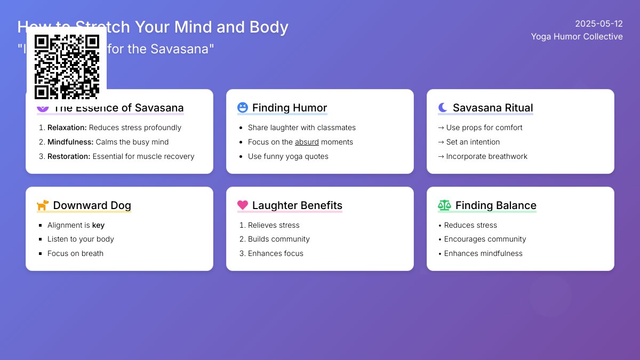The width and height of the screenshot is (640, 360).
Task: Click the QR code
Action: tap(67, 67)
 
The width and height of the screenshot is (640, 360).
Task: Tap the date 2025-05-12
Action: tap(599, 23)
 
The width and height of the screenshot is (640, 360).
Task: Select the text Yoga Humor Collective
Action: tap(577, 36)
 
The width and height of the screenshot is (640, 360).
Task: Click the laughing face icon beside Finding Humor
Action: tap(243, 108)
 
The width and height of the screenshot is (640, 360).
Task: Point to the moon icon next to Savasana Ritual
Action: tap(443, 108)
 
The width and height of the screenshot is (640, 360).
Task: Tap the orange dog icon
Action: tap(43, 205)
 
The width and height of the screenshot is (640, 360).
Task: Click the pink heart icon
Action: tap(243, 205)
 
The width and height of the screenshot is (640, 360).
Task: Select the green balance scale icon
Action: tap(444, 205)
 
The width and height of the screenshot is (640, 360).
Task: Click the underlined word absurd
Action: tap(307, 142)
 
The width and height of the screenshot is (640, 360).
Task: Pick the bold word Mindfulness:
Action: tap(70, 142)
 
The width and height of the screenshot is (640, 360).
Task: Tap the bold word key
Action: tap(98, 225)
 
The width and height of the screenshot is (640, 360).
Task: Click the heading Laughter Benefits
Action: tap(297, 205)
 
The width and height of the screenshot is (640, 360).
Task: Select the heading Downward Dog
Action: tap(92, 205)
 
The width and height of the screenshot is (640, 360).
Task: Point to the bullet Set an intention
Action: tap(473, 142)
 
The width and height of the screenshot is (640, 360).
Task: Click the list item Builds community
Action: tap(278, 239)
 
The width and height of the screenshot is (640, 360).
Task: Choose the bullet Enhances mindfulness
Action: tap(483, 253)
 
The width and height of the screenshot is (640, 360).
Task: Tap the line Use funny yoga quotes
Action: tap(288, 156)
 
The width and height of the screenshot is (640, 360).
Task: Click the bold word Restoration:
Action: tap(69, 156)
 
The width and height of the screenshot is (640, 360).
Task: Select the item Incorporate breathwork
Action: tap(486, 156)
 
